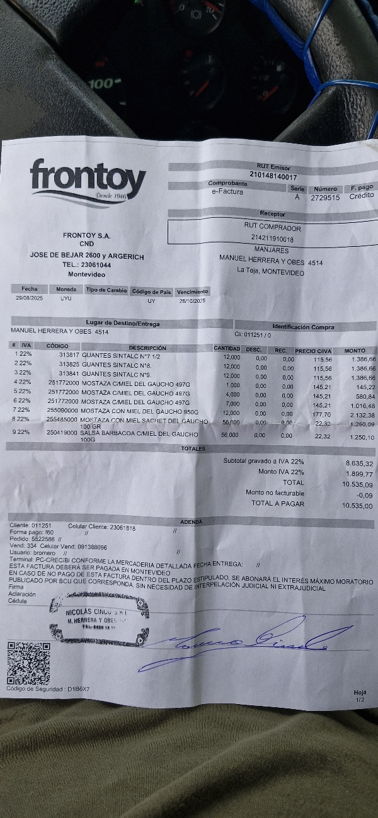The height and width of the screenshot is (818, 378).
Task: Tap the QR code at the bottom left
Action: (28, 663)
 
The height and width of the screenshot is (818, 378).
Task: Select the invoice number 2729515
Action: (325, 197)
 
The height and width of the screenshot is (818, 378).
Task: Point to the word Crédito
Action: (362, 195)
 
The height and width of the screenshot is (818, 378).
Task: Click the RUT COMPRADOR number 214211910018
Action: (272, 239)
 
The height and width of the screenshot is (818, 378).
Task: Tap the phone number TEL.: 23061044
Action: (86, 265)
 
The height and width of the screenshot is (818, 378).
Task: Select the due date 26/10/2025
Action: (192, 301)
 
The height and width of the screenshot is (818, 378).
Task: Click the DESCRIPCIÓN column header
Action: (147, 348)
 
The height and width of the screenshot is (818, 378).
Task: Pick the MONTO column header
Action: (355, 350)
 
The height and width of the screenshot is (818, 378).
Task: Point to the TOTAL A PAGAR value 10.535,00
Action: (357, 505)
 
